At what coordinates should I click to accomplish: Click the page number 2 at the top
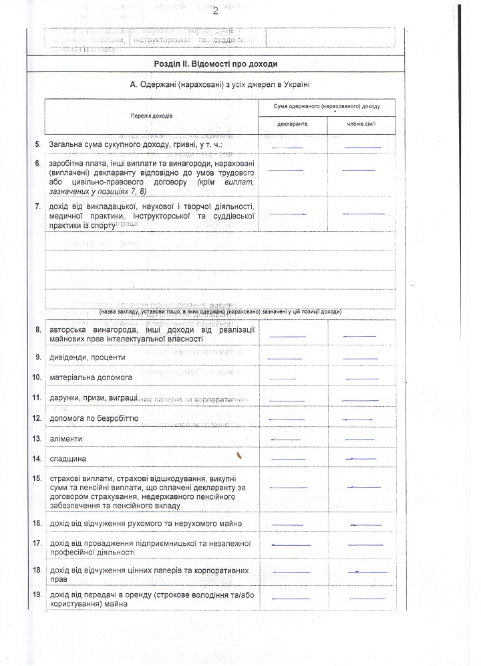click(x=216, y=10)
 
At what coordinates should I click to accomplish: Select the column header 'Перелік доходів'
click(x=152, y=116)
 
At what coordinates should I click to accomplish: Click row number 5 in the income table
click(x=37, y=144)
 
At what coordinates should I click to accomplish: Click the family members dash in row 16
click(x=364, y=524)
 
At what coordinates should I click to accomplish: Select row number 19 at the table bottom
click(x=37, y=595)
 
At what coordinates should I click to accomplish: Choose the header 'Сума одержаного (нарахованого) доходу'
click(x=327, y=107)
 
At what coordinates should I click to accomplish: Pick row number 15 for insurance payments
click(x=37, y=479)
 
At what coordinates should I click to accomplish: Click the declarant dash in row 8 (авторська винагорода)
click(x=287, y=336)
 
